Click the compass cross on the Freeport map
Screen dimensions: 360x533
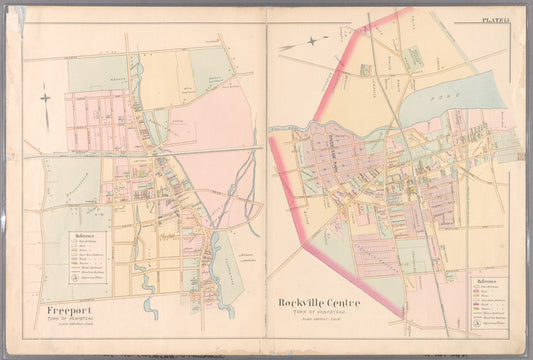(44, 98)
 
